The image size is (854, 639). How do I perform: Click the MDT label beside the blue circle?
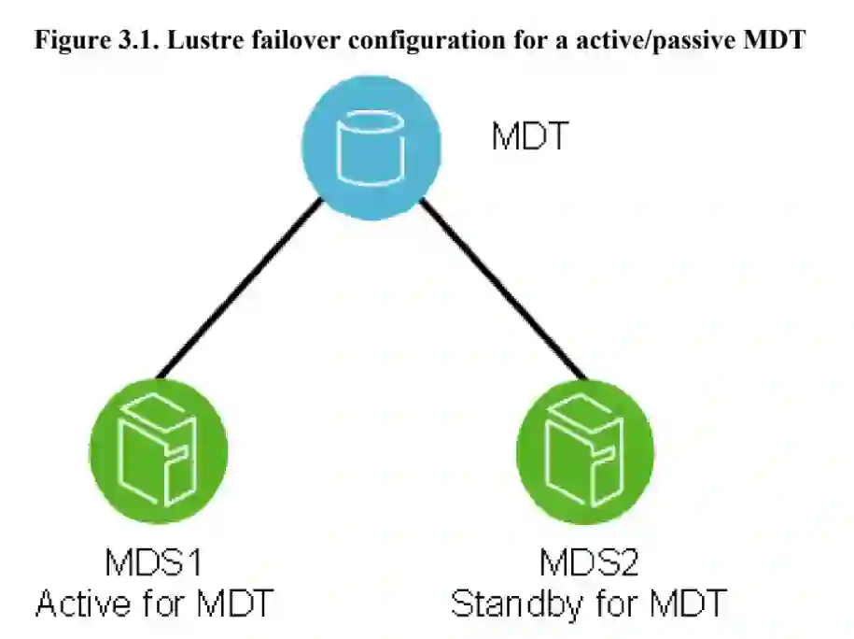pyautogui.click(x=529, y=137)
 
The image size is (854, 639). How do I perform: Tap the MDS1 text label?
pyautogui.click(x=154, y=562)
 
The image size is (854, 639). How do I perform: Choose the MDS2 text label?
pyautogui.click(x=587, y=562)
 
